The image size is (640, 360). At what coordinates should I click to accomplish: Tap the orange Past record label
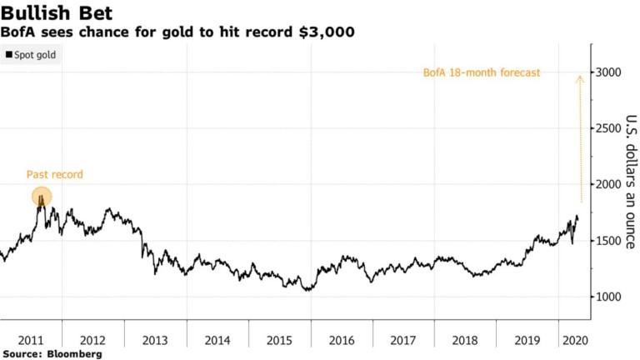point(55,174)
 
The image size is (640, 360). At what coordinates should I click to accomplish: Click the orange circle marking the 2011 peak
point(42,197)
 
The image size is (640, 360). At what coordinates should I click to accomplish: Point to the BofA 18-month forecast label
point(481,73)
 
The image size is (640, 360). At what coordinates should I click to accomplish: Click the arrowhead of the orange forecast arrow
point(580,77)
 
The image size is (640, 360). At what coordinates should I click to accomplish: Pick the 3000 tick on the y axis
point(609,73)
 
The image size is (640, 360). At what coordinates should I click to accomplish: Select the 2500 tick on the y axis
point(609,129)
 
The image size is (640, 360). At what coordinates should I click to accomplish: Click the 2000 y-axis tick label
point(609,185)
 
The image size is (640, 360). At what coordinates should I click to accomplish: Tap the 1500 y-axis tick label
point(609,241)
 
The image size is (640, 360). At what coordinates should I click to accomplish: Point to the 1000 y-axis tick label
point(609,297)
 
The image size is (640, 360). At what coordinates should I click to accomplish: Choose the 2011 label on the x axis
point(31,339)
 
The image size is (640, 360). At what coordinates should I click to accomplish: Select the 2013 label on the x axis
point(155,339)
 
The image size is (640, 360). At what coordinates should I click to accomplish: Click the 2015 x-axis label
point(280,339)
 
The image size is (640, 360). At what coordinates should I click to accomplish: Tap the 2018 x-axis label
point(466,339)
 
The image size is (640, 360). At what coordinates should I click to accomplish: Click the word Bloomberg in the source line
point(73,354)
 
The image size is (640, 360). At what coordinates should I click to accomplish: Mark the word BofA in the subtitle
point(18,32)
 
